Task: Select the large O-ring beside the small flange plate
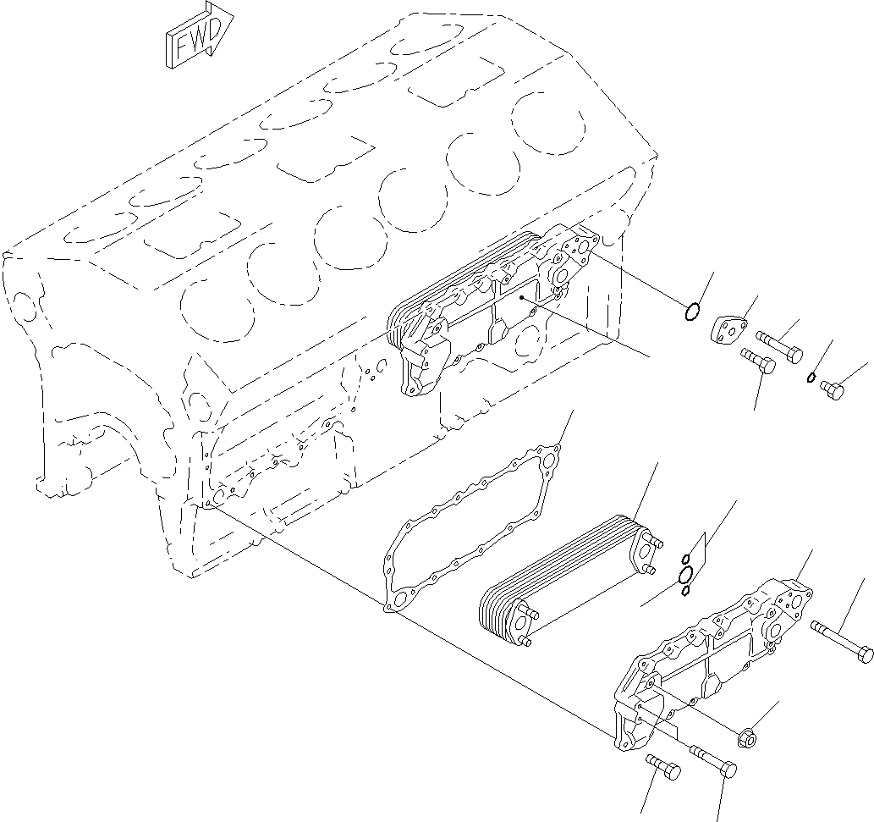point(692,312)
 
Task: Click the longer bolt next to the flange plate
point(778,345)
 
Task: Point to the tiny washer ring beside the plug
point(811,378)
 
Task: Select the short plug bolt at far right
point(832,389)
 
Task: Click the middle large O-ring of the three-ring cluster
point(686,575)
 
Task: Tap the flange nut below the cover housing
point(749,736)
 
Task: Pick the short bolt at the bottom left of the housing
point(664,766)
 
